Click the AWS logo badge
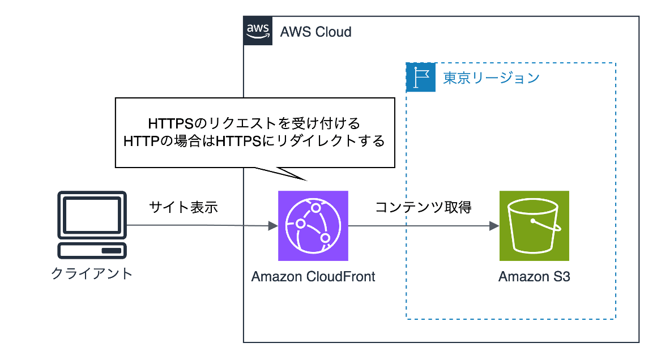(258, 31)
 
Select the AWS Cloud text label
(315, 32)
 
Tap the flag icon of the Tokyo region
(421, 78)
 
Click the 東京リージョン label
(490, 78)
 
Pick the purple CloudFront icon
(313, 225)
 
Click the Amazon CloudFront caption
(313, 277)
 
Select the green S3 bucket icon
(534, 225)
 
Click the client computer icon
(92, 225)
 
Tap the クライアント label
(92, 273)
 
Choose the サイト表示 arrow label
(184, 207)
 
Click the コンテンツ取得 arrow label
(423, 207)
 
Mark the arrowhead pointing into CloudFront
(273, 226)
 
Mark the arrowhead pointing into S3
(494, 226)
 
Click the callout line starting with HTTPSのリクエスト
(254, 122)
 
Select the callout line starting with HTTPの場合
(254, 140)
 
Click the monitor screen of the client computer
(92, 215)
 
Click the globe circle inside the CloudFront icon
(313, 225)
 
